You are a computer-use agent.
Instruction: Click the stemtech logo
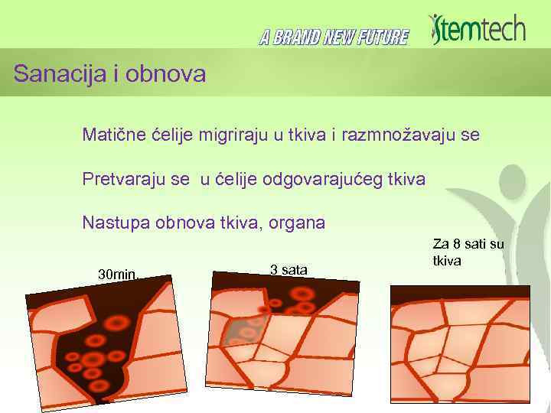pos(478,29)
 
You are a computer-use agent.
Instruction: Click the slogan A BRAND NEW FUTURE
pos(334,37)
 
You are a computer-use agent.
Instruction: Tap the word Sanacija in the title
pos(51,74)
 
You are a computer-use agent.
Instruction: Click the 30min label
pos(116,274)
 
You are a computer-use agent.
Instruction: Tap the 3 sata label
pos(289,269)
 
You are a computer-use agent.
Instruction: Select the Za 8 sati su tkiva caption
pos(468,252)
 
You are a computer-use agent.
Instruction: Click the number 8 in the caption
pos(457,244)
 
